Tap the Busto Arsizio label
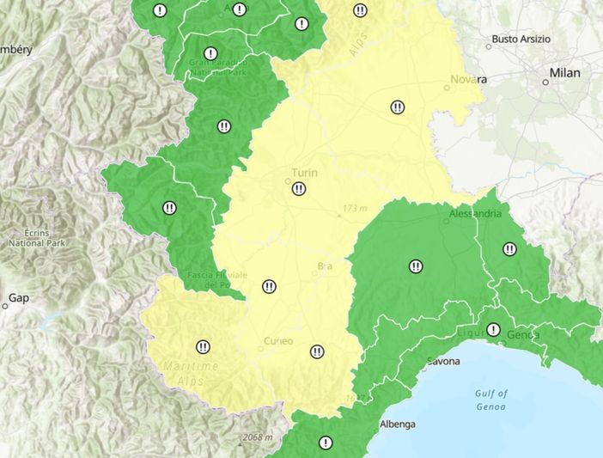[521, 39]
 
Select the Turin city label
[304, 173]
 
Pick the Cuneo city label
[278, 341]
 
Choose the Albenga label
[397, 424]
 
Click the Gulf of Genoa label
[490, 400]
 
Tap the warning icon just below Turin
[299, 189]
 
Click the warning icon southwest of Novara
[398, 107]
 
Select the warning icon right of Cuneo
[317, 351]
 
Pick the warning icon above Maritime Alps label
[203, 347]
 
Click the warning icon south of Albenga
[326, 443]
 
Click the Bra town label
[325, 267]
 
